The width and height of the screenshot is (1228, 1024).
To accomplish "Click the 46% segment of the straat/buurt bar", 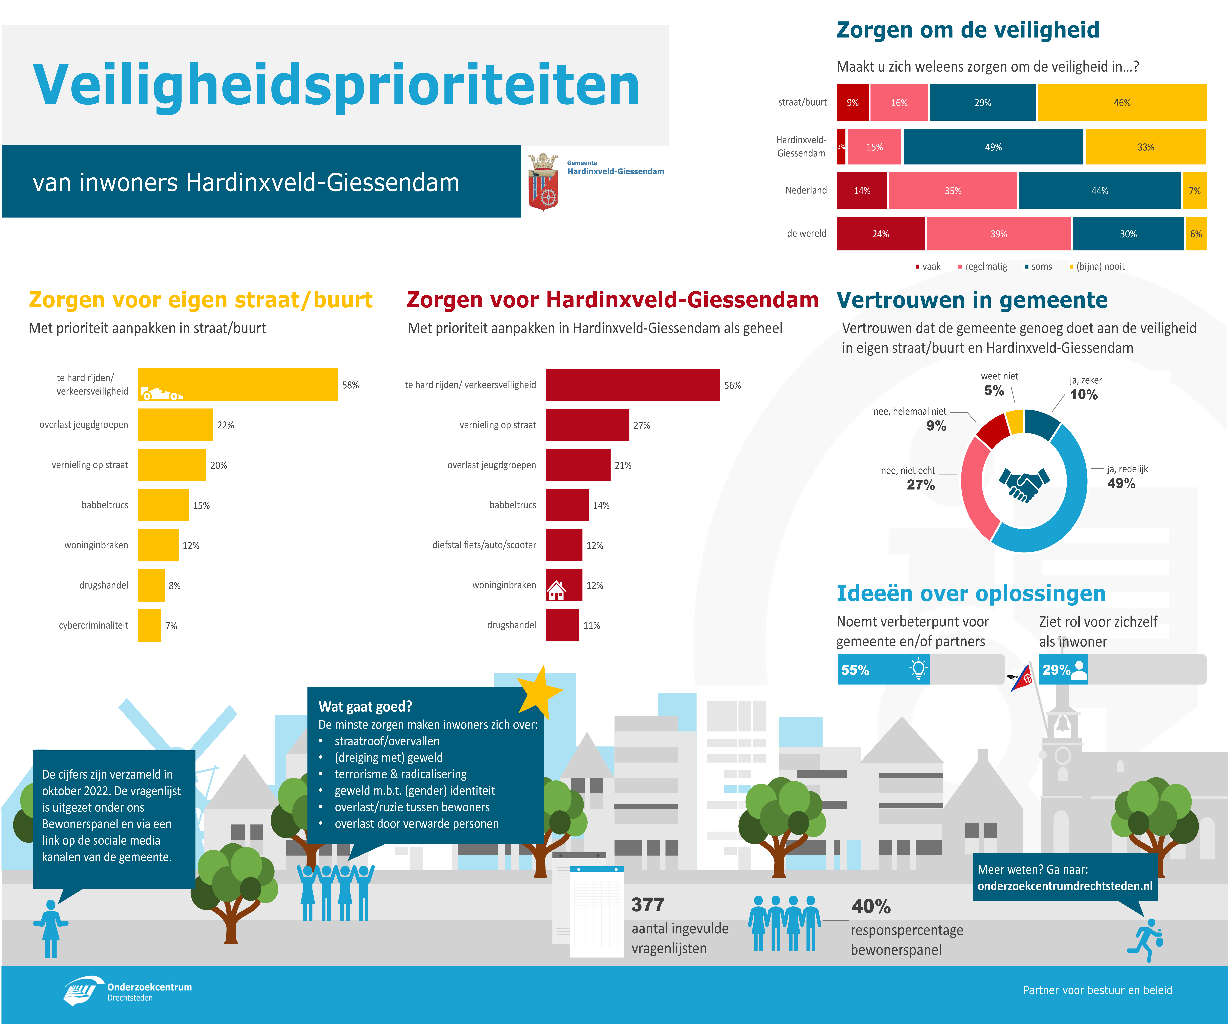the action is (x=1122, y=102).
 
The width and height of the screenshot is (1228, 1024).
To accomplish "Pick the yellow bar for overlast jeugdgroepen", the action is (x=175, y=425).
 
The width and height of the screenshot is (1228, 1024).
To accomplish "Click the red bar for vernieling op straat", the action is (x=587, y=425).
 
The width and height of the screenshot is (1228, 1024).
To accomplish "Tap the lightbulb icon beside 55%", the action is (x=919, y=669).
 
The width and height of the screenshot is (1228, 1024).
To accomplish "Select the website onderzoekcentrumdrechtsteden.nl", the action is (x=1065, y=886).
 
